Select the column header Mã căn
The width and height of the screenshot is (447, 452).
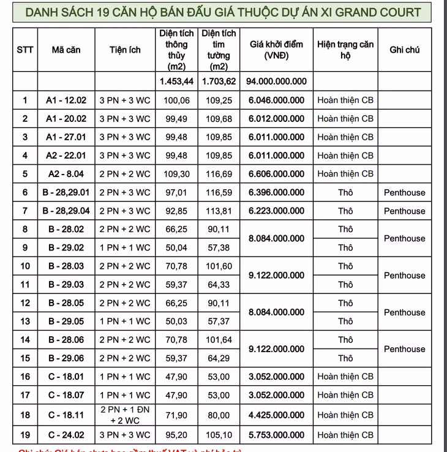coord(66,50)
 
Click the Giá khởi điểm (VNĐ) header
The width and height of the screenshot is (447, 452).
coord(276,50)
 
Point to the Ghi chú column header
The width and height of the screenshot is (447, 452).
coord(404,50)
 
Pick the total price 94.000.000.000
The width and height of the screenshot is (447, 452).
coord(276,81)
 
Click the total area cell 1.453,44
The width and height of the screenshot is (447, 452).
coord(176,81)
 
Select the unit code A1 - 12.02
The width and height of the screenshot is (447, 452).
coord(66,100)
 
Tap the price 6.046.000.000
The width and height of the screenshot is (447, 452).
coord(276,100)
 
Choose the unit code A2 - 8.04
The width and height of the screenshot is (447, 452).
coord(66,174)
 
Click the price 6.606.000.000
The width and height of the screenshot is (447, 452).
coord(276,174)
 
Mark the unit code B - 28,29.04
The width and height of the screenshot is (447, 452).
coord(66,211)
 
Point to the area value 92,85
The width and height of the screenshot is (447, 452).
coord(176,211)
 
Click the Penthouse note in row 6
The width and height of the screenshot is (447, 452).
coord(404,192)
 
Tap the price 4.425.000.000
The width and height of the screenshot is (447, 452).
coord(276,415)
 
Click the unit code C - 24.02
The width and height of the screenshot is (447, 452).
coord(66,435)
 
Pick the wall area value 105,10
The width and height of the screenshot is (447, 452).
coord(219,435)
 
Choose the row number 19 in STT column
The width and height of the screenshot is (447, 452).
coord(25,435)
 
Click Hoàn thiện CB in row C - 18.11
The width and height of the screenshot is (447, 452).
coord(345,415)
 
